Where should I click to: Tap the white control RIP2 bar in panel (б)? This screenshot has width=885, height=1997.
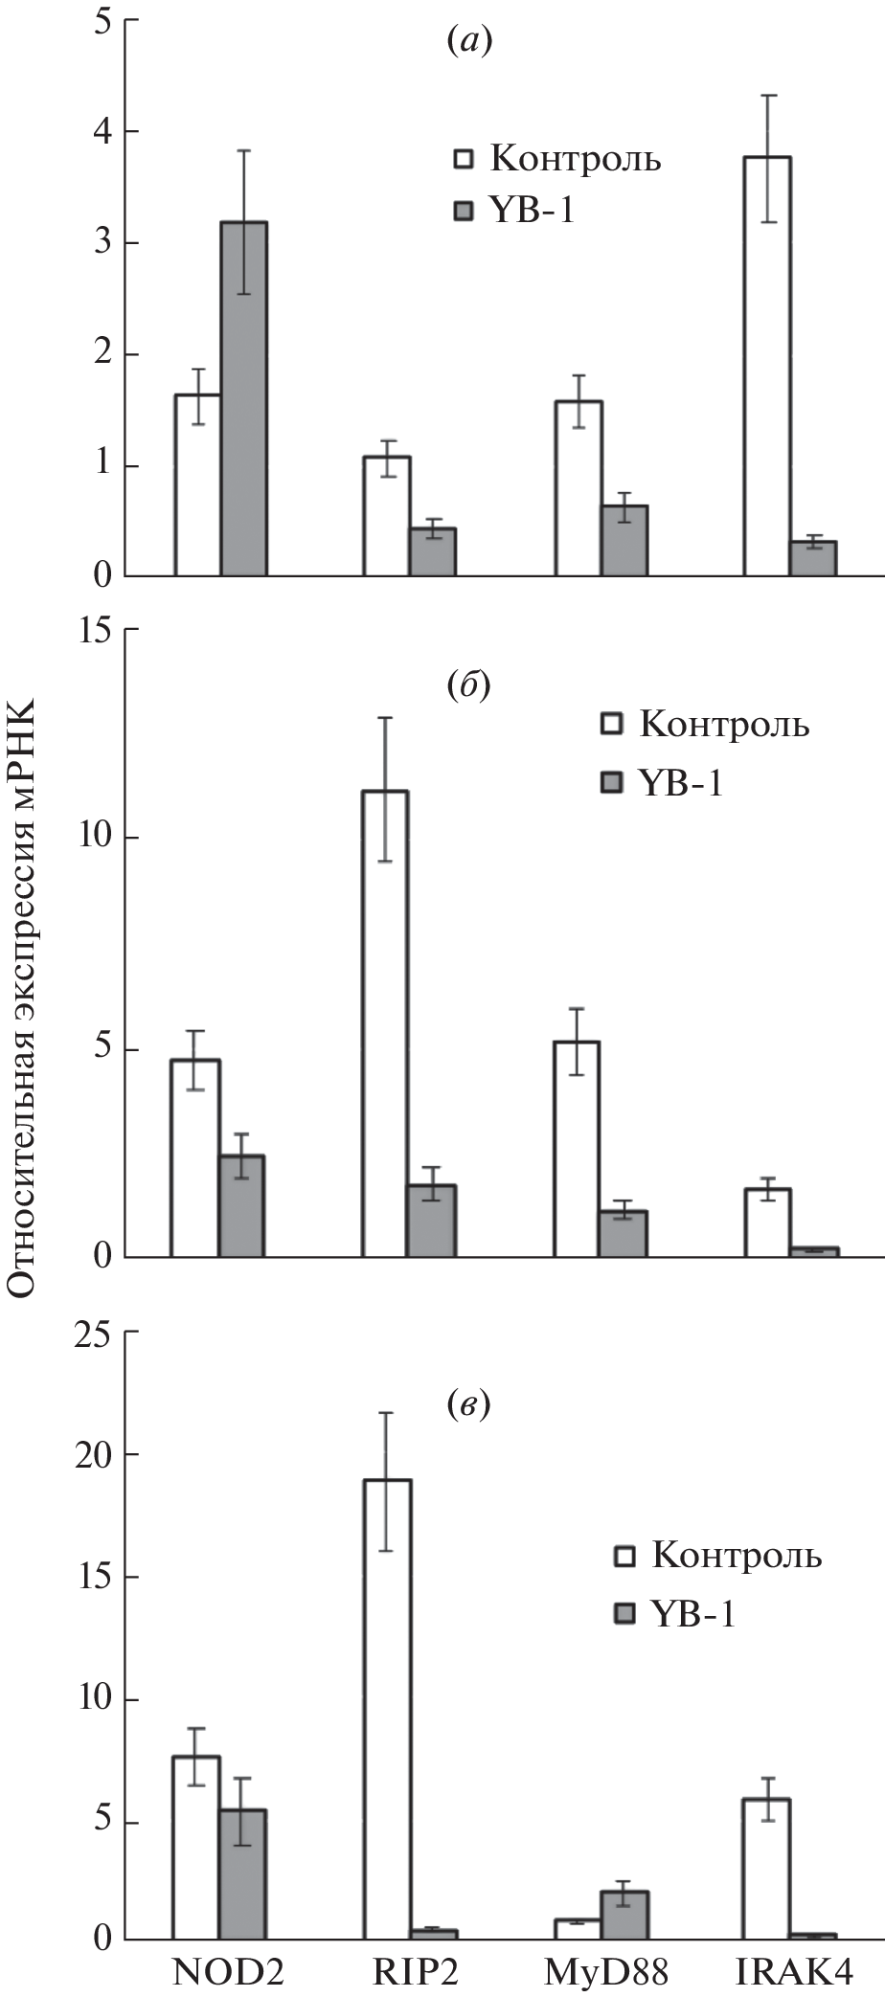click(x=385, y=1023)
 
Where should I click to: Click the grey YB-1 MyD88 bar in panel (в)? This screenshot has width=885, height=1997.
click(x=624, y=1917)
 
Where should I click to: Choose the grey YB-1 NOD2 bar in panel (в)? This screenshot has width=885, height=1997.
click(x=243, y=1875)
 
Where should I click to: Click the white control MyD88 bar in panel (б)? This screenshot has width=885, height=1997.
click(x=577, y=1149)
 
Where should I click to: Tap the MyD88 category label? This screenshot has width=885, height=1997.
click(x=605, y=1972)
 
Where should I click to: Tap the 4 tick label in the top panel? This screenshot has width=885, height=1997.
click(x=102, y=131)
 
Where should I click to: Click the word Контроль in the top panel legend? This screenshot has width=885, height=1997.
click(x=575, y=158)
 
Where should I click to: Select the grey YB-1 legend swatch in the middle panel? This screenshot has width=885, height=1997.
click(x=610, y=784)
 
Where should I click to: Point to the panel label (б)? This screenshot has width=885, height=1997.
click(x=468, y=686)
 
